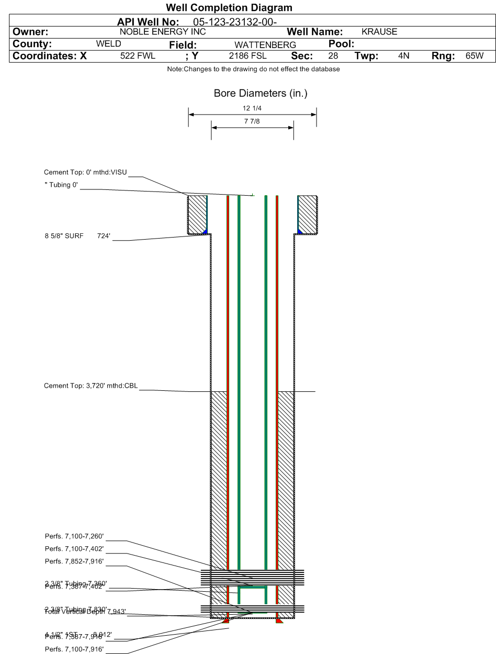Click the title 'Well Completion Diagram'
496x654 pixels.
tap(247, 8)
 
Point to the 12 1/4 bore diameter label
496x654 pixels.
tap(252, 108)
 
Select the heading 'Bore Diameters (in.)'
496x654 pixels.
tap(253, 94)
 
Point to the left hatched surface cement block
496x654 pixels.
tap(197, 215)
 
